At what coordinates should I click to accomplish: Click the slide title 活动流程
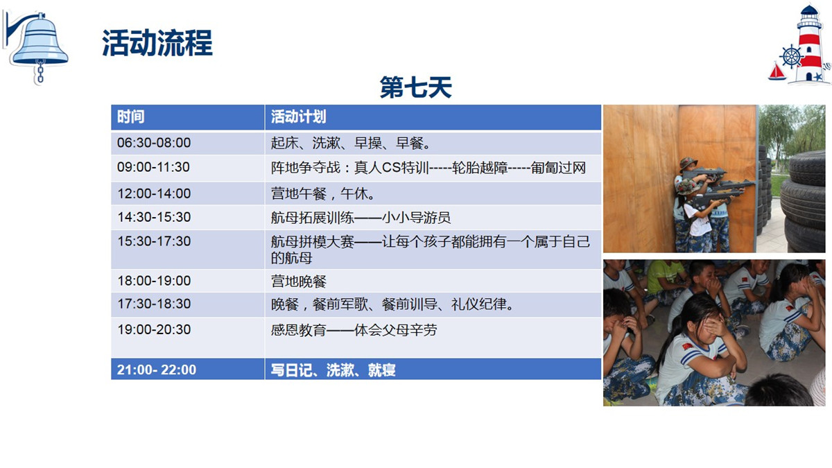[x=157, y=43]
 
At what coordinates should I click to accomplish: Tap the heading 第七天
[x=415, y=87]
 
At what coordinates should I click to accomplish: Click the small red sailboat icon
[x=777, y=71]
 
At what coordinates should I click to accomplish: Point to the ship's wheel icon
[x=791, y=57]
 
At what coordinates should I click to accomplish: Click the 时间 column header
[x=131, y=116]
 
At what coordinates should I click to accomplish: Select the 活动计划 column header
[x=298, y=116]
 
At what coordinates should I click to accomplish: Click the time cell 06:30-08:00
[x=154, y=143]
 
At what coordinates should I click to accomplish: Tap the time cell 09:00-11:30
[x=153, y=167]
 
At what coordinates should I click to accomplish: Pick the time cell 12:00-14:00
[x=154, y=193]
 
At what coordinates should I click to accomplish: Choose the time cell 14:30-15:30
[x=154, y=217]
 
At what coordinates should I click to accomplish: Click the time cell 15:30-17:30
[x=154, y=241]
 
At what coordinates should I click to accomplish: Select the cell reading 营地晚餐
[x=299, y=281]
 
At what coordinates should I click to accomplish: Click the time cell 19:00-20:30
[x=154, y=329]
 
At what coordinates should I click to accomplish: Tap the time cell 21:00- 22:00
[x=157, y=370]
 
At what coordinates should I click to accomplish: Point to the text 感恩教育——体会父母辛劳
[x=354, y=330]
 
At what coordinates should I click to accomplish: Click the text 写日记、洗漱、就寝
[x=333, y=370]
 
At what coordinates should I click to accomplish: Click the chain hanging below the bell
[x=40, y=72]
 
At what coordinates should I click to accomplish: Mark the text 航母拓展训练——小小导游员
[x=361, y=217]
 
